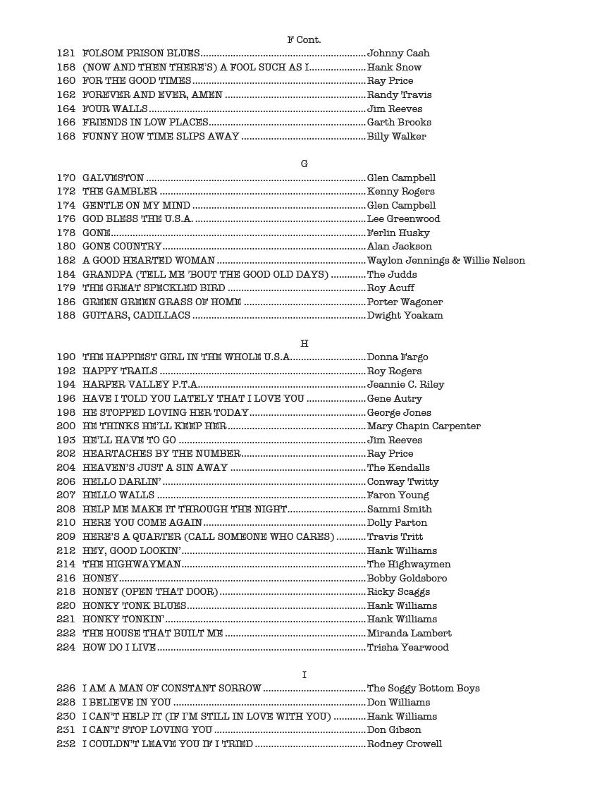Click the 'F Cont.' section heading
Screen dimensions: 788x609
coord(304,39)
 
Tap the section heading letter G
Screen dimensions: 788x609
coord(304,164)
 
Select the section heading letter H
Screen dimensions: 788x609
coord(304,343)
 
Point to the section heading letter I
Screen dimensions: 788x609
coord(304,675)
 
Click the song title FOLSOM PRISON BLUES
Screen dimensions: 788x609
coord(142,53)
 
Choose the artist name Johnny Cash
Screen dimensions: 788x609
coord(398,53)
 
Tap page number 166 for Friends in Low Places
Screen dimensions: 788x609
coord(66,123)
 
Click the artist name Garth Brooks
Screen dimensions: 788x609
coord(399,123)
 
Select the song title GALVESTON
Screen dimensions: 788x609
coord(113,178)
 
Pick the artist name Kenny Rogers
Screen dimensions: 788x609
coord(401,192)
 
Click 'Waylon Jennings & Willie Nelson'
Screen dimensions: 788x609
coord(446,261)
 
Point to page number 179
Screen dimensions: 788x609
coord(66,288)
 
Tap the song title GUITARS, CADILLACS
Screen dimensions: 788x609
coord(136,316)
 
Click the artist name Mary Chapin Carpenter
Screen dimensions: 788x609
coord(424,426)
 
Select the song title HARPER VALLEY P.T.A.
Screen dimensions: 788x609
coord(140,385)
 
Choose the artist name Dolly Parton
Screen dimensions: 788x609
coord(397,523)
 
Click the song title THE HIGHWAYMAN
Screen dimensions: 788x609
coord(132,565)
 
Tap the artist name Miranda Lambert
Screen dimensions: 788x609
coord(410,634)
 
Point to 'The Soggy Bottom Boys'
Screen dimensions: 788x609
coord(424,689)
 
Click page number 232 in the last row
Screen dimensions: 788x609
coord(66,744)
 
